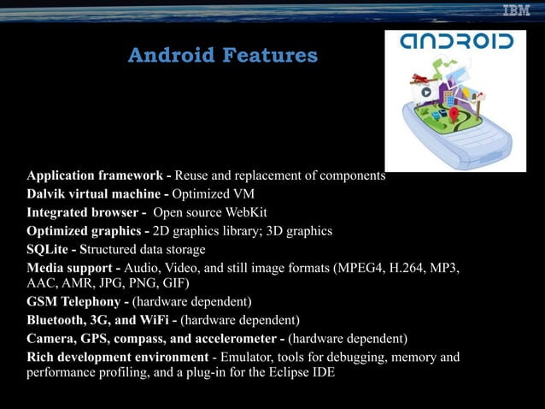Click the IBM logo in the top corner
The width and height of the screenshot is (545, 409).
515,11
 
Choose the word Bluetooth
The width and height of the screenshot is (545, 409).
57,320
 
